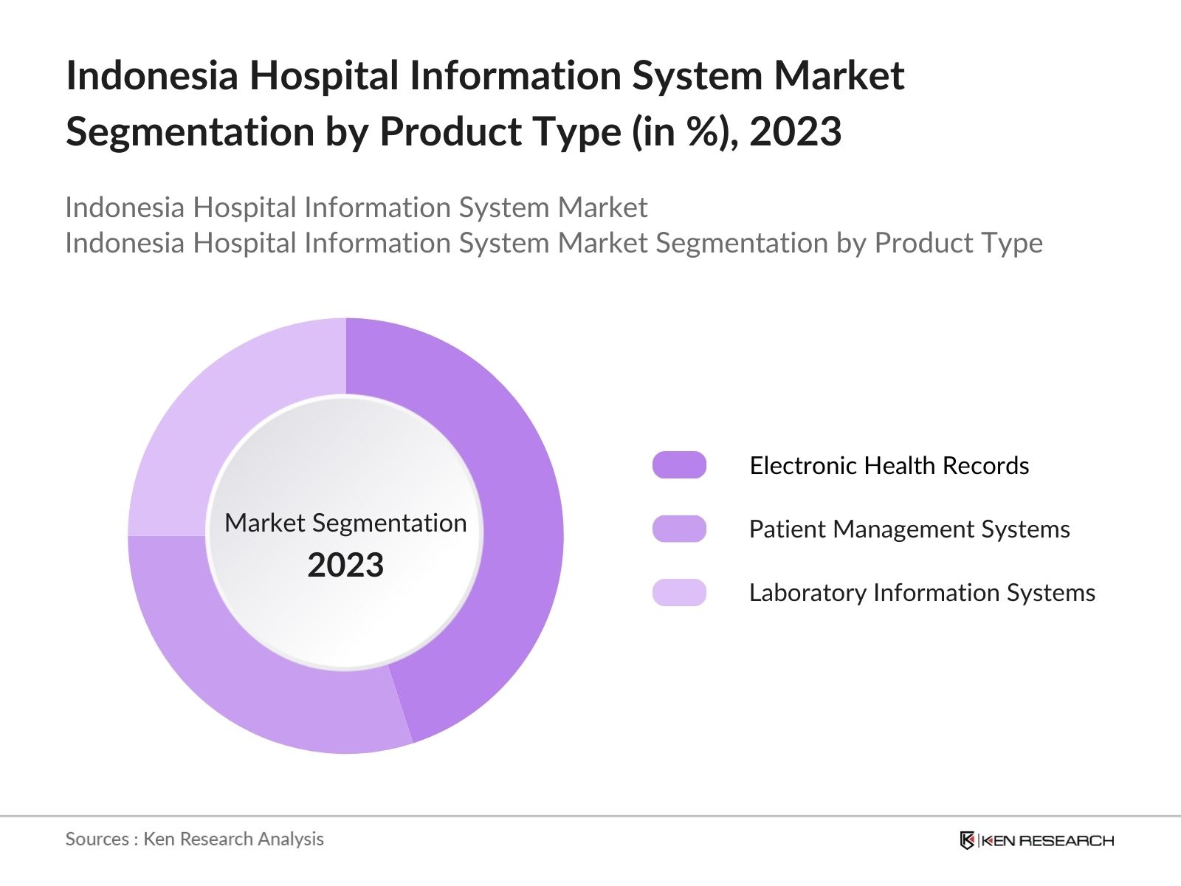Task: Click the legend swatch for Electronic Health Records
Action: click(x=679, y=465)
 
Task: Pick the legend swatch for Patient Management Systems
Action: click(x=679, y=529)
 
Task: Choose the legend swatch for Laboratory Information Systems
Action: click(x=679, y=592)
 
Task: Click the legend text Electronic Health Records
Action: click(x=889, y=465)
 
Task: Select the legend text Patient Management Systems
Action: click(x=909, y=529)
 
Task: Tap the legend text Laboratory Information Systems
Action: click(x=921, y=592)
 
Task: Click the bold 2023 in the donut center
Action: click(x=345, y=565)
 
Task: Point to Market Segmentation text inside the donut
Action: click(x=345, y=523)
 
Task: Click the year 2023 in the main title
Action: click(x=795, y=131)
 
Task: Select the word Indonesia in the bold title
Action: click(x=151, y=75)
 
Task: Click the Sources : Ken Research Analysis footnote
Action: click(x=194, y=839)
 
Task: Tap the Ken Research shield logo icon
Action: click(x=967, y=840)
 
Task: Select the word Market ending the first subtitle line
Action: click(x=602, y=207)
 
